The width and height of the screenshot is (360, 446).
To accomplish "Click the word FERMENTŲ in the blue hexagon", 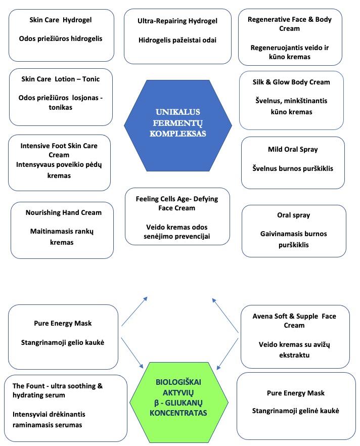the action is coord(178,123).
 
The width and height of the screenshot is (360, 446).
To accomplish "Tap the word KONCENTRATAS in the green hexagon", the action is coord(178,413).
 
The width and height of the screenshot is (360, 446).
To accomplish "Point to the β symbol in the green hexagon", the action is coord(156,403).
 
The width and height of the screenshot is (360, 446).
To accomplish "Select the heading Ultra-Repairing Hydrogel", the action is coord(177,21).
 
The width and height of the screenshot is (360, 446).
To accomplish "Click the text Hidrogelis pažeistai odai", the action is coord(177,40).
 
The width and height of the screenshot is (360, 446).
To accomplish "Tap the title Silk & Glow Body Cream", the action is coord(291,82).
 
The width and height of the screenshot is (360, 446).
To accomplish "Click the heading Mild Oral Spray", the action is coord(293,150).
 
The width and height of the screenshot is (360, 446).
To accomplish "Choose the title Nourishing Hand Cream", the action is coord(63,212).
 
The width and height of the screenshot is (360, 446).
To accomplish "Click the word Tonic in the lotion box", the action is coord(91,79).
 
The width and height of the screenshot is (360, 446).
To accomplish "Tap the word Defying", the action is coord(206,199).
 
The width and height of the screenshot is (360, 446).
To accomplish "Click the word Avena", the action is coord(261,317).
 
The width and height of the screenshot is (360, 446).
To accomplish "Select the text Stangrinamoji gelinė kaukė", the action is coord(295,411).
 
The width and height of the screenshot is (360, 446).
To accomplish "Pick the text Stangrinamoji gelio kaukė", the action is coord(63,342).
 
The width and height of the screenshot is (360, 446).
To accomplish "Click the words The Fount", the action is coord(28,386).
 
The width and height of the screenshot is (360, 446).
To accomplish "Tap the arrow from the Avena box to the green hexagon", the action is coord(228,354).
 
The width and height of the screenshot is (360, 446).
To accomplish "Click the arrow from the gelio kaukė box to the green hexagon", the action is coord(132,353).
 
